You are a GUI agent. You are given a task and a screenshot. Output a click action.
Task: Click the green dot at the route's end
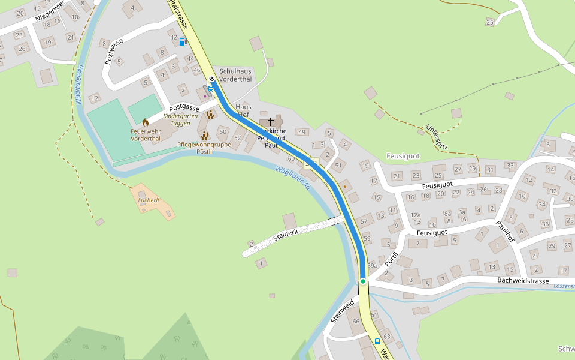[x=363, y=281]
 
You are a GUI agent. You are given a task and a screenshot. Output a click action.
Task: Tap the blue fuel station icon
[x=182, y=41]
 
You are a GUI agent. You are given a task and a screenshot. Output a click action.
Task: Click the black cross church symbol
[x=271, y=122]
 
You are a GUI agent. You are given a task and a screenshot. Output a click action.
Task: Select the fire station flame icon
[x=145, y=122]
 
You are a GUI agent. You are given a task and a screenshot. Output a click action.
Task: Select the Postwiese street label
[x=114, y=51]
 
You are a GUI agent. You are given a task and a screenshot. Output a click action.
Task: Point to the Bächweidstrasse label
[x=523, y=281]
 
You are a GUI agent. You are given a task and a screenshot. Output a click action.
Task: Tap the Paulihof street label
[x=505, y=231]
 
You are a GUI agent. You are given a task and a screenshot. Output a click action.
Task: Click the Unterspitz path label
[x=437, y=137]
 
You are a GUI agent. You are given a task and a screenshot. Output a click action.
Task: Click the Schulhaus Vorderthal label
[x=235, y=75]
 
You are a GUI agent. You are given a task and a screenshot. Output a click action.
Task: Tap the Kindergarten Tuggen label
[x=176, y=119]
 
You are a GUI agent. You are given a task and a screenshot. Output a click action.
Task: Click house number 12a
[x=416, y=215]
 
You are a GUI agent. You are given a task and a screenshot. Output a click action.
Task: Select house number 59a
[x=372, y=266]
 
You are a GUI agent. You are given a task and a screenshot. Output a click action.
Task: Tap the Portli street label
[x=391, y=260]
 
